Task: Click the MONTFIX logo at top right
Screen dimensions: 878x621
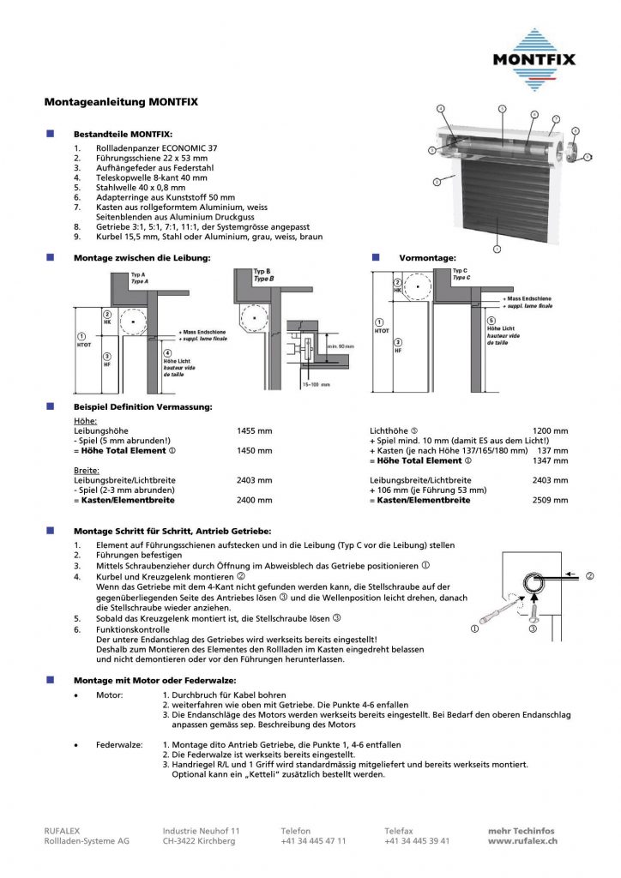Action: click(x=533, y=57)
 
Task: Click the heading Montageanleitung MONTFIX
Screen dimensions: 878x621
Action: click(x=121, y=102)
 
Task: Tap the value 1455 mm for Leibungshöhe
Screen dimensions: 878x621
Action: click(x=254, y=430)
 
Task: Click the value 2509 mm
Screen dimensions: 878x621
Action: click(x=550, y=500)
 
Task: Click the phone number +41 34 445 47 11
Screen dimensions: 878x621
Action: click(x=313, y=841)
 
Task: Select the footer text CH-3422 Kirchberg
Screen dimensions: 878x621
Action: click(x=199, y=841)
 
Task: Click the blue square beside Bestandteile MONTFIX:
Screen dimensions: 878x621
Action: click(x=50, y=134)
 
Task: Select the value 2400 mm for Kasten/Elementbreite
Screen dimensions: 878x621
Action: click(x=254, y=500)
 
